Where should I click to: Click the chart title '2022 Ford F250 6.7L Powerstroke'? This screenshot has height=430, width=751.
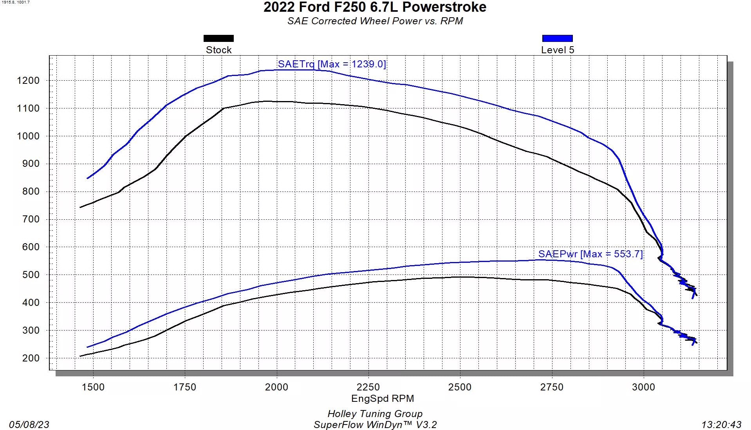pos(375,7)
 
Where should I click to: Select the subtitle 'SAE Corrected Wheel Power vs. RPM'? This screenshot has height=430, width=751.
pos(375,21)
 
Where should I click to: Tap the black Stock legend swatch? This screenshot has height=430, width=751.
pos(218,38)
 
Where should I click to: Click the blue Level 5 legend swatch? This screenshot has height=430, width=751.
pos(557,38)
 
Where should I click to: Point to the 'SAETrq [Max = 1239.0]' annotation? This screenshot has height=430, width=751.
pos(332,64)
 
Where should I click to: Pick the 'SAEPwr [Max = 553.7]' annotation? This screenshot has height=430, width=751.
pos(590,254)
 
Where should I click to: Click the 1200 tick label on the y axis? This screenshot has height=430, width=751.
pos(28,81)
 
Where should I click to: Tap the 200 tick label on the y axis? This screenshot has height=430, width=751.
pos(31,358)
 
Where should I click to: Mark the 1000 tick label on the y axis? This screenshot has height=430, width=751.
pos(28,136)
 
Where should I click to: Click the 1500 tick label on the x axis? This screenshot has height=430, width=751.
pos(93,387)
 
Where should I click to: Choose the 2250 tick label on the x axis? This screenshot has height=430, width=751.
pos(368,387)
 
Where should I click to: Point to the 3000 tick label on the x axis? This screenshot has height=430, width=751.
pos(643,387)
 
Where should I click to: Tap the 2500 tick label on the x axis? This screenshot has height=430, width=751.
pos(460,387)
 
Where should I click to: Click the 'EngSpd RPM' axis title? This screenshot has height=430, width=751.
pos(383,399)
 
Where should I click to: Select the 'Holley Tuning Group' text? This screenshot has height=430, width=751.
pos(375,414)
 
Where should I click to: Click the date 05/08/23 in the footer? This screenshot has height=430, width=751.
pos(29,425)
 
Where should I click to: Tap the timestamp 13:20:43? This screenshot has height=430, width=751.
pos(721,425)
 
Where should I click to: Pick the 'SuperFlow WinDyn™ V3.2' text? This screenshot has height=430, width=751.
pos(375,425)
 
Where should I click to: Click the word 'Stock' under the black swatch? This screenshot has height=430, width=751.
pos(218,50)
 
